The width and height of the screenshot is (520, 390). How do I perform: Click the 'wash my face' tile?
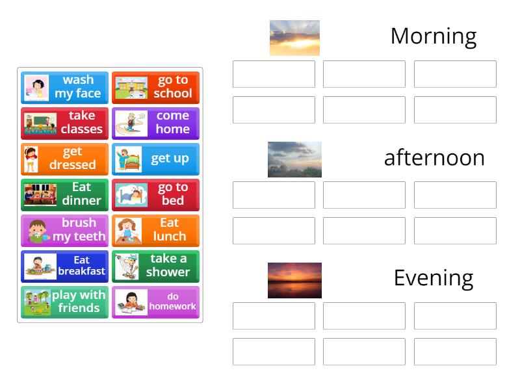[64, 87]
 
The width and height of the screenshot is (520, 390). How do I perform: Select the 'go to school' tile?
[155, 87]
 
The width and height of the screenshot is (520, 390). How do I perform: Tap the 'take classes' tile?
[64, 123]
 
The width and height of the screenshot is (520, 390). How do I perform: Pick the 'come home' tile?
[155, 123]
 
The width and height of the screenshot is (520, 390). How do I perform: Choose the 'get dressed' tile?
[64, 159]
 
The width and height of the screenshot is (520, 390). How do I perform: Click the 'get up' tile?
[155, 159]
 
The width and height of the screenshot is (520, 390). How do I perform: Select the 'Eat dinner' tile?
[64, 194]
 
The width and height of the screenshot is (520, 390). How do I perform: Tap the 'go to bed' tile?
[155, 194]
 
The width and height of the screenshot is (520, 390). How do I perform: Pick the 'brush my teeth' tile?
[64, 230]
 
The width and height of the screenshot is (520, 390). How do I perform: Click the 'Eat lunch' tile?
[155, 230]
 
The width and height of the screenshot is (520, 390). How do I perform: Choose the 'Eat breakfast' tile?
[64, 266]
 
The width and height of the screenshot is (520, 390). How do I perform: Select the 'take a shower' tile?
[155, 266]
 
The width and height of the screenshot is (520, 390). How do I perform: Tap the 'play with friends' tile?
[64, 302]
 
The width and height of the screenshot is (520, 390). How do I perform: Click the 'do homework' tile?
[155, 302]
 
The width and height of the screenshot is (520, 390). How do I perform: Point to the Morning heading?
[433, 36]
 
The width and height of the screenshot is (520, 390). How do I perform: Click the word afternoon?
[434, 158]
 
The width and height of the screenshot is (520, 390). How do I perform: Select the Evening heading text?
[433, 278]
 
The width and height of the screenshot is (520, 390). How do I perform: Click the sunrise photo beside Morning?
[294, 38]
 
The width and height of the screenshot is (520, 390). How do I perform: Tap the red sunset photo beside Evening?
[294, 280]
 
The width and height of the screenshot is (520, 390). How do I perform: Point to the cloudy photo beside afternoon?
[294, 159]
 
